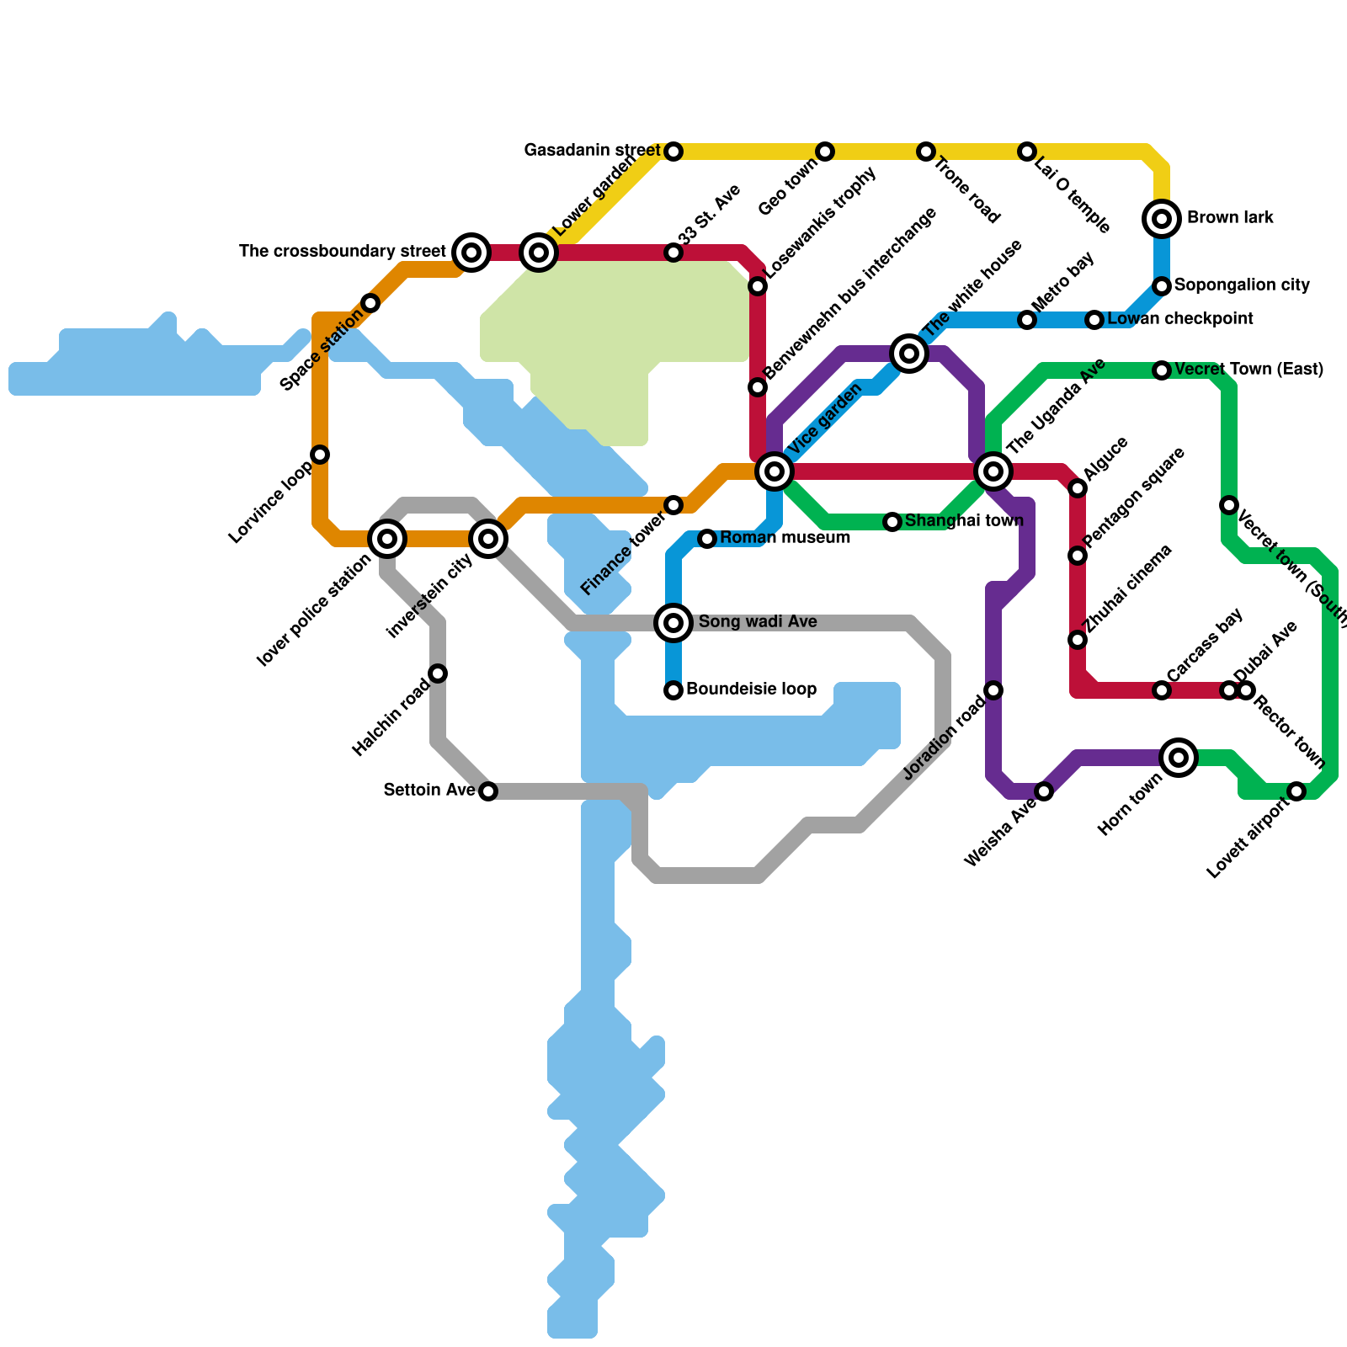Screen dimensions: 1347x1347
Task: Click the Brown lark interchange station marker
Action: (1162, 219)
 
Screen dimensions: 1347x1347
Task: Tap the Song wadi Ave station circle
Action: (673, 623)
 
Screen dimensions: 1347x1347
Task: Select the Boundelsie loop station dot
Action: (673, 690)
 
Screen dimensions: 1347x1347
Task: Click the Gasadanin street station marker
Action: (673, 152)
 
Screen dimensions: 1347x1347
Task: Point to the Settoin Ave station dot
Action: (488, 791)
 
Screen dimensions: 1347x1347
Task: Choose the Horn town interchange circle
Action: (1179, 758)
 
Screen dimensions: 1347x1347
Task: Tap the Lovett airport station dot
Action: (1296, 791)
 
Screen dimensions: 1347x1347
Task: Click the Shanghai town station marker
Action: (892, 522)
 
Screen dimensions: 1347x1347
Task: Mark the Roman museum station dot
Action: (707, 539)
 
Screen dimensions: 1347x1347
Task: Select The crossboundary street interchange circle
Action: (471, 253)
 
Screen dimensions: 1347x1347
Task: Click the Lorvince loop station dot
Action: (320, 455)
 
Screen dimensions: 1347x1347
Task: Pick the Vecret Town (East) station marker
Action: (1162, 370)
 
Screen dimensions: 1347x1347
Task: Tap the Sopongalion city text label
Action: (1242, 285)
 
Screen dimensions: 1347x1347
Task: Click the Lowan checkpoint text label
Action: (1180, 319)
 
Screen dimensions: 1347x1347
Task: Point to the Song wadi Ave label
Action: (758, 622)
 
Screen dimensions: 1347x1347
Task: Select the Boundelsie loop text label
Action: (751, 689)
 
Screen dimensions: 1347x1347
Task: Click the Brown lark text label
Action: (1230, 218)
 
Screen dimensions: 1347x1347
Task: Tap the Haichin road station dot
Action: (438, 673)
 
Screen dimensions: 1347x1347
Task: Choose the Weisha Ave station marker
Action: (1044, 791)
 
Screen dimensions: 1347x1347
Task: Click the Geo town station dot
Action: (825, 152)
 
